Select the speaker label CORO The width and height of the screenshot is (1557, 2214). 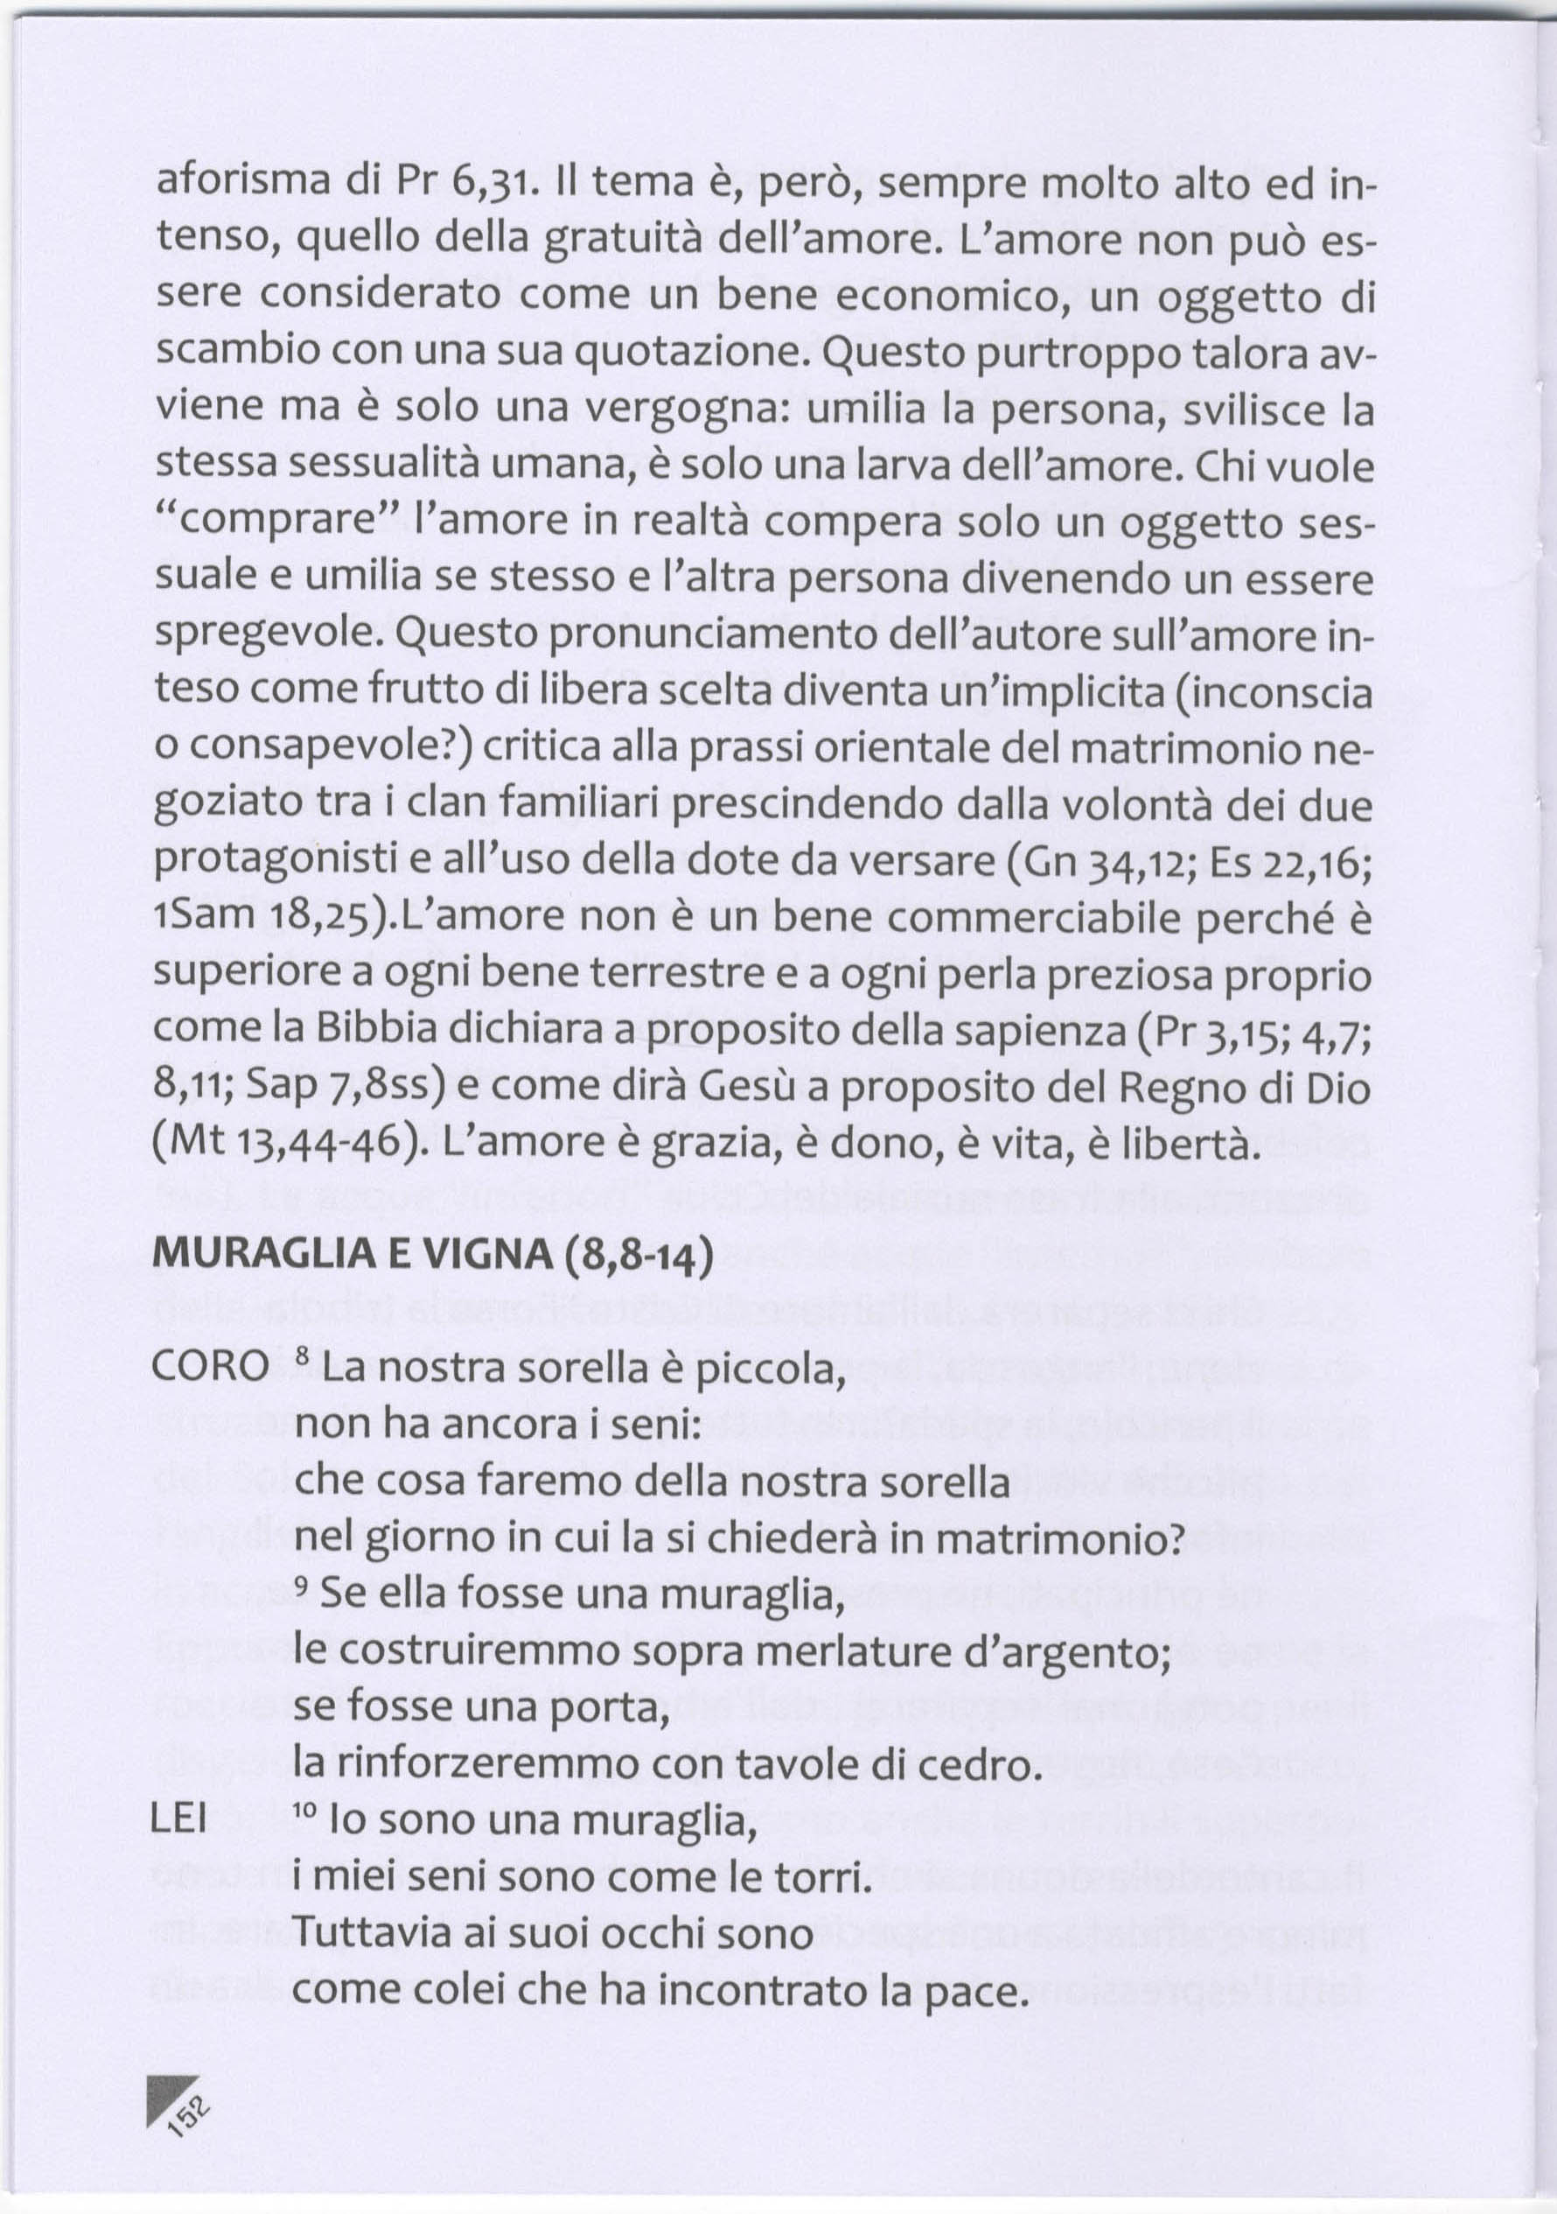211,1365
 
